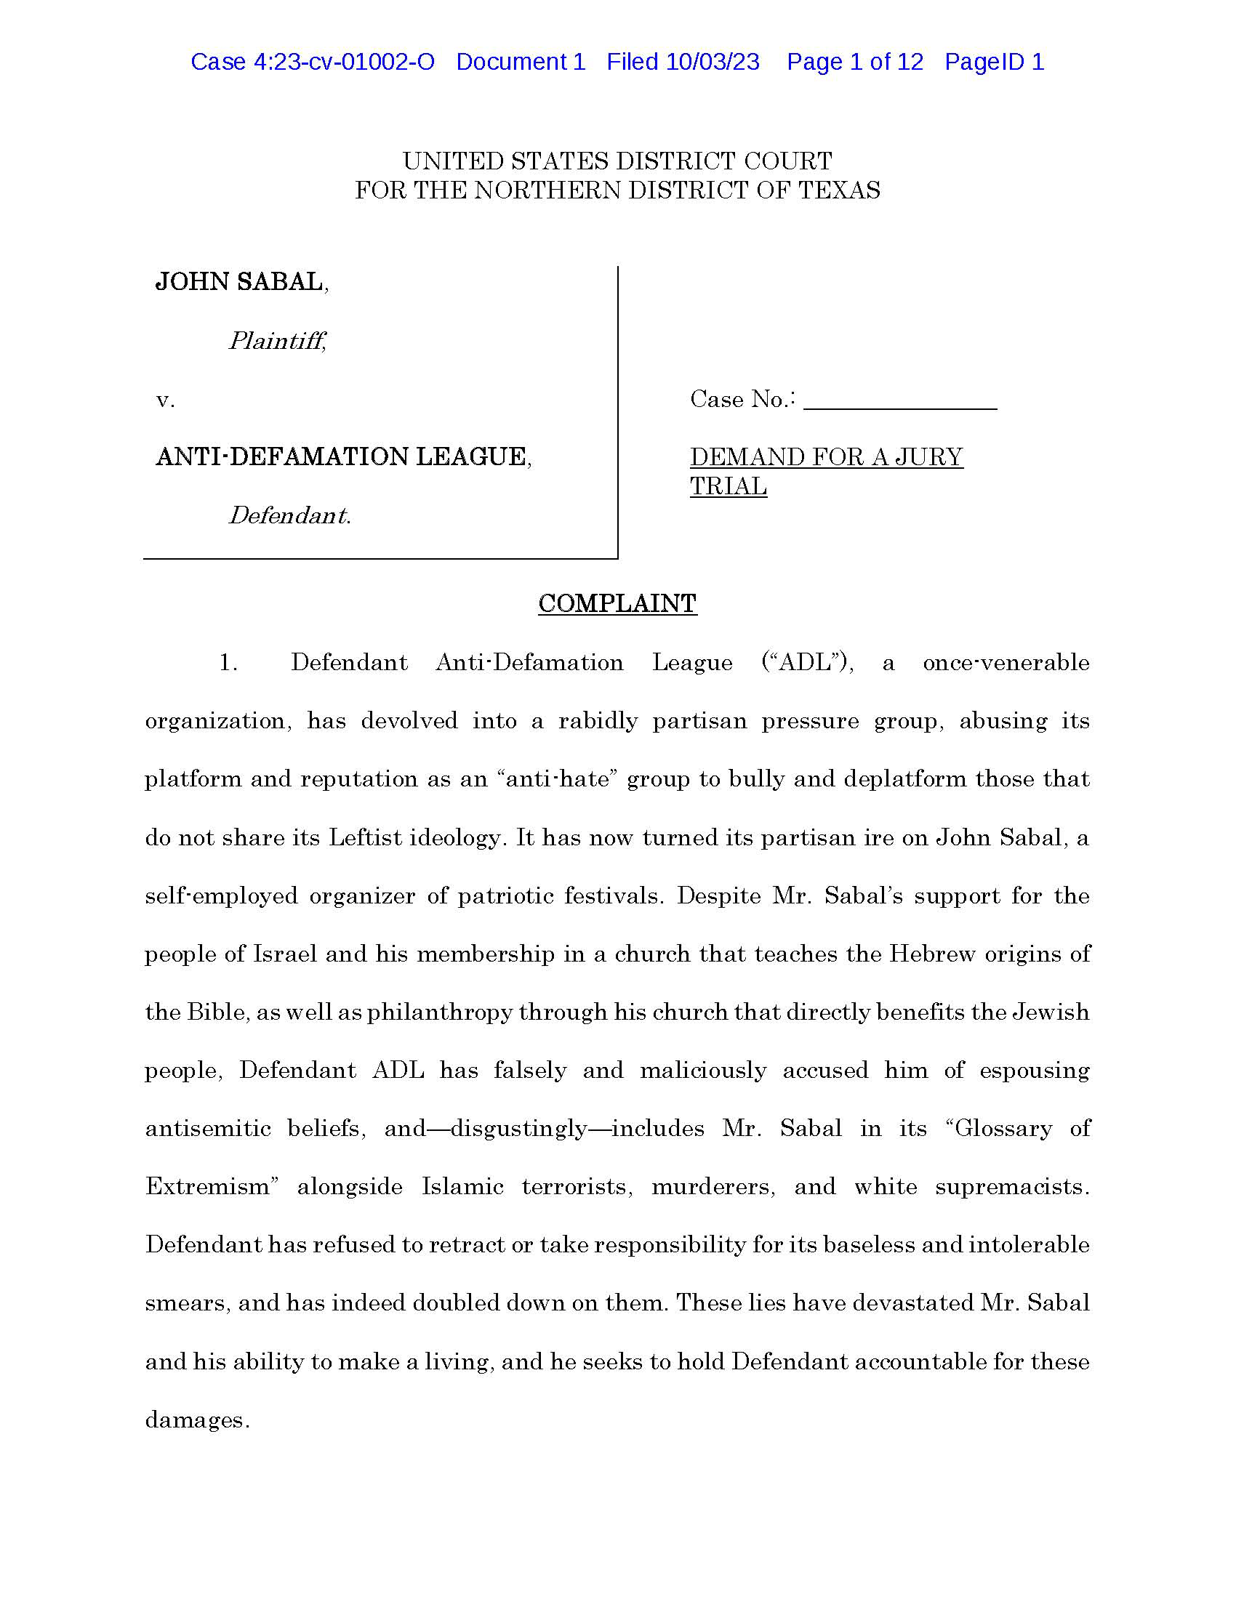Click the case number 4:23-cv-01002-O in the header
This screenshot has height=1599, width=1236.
344,63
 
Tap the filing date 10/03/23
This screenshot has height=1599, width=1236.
712,63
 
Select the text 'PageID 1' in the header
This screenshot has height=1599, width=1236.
994,63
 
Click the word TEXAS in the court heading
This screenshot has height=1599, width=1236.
838,190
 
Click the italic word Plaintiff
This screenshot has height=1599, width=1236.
277,340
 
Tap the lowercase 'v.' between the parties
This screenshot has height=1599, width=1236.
165,400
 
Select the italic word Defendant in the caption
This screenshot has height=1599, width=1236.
289,515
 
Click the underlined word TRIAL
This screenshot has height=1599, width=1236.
728,486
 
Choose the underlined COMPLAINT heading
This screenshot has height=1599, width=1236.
617,603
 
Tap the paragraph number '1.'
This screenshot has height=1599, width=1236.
228,663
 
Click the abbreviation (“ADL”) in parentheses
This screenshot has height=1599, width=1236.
807,663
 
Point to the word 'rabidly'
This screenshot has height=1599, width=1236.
598,721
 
